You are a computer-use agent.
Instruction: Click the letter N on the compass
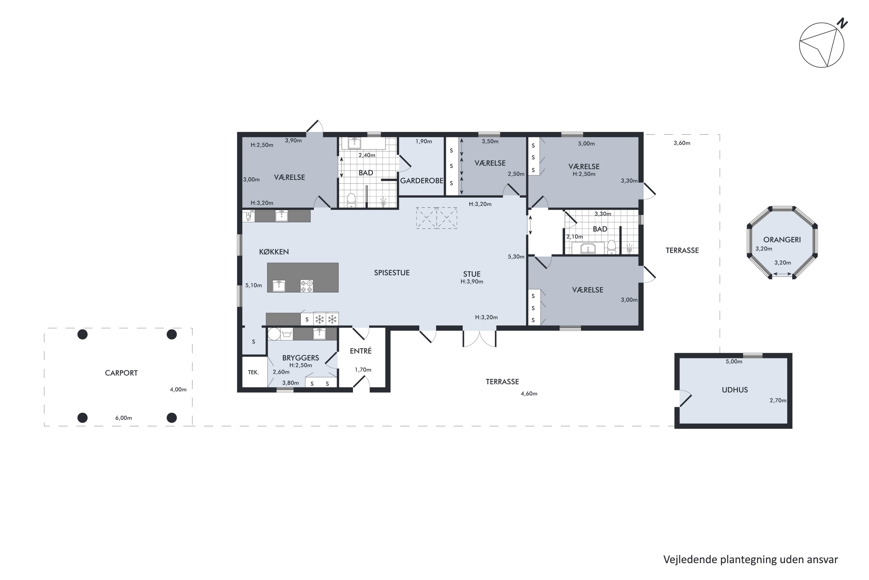pos(843,23)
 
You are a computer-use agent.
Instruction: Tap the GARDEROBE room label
pos(421,180)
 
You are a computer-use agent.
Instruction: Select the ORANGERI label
pos(782,240)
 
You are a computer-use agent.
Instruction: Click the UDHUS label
pos(735,390)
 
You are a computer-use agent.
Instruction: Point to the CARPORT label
pos(121,373)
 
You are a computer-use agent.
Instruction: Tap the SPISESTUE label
pos(392,273)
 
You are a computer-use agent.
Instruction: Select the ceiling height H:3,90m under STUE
pos(472,282)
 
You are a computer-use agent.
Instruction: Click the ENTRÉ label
pos(361,351)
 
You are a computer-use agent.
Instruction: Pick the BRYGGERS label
pos(300,358)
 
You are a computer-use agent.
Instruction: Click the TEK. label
pos(253,372)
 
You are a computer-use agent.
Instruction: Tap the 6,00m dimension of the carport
pos(123,418)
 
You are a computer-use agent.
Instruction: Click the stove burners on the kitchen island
pos(307,286)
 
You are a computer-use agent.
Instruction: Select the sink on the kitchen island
pos(279,286)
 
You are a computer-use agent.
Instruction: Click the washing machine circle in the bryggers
pos(274,334)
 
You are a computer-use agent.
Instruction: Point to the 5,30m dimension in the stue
pos(516,257)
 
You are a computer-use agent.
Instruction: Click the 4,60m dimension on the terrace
pos(529,394)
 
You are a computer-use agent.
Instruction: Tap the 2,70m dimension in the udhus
pos(778,400)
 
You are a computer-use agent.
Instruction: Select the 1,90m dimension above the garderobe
pos(424,141)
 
